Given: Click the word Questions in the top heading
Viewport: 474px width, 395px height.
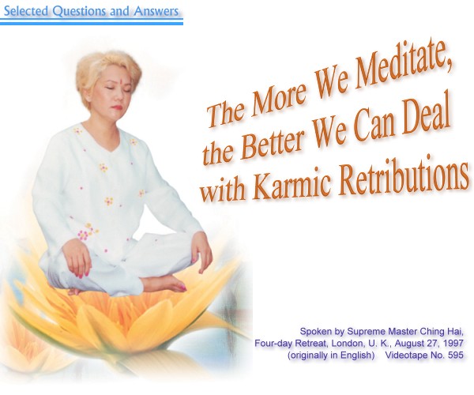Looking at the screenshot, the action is pyautogui.click(x=79, y=11).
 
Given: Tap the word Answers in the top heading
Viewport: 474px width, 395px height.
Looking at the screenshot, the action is pyautogui.click(x=156, y=11).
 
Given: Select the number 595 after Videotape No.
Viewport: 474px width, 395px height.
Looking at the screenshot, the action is pyautogui.click(x=456, y=355).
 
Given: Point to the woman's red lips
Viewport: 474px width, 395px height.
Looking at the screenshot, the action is pyautogui.click(x=118, y=107).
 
